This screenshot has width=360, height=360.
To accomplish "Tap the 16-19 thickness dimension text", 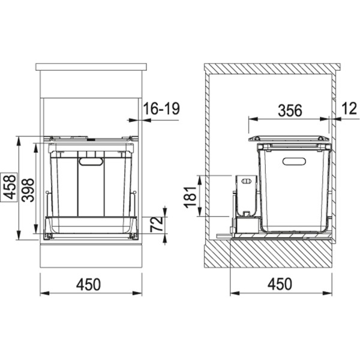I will (x=161, y=109).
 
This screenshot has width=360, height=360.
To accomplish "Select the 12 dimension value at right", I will (x=348, y=109).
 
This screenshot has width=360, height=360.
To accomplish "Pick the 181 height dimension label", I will (x=190, y=196).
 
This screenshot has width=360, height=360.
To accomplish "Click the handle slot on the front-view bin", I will (x=91, y=161).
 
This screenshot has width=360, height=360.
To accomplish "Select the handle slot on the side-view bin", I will (x=294, y=160).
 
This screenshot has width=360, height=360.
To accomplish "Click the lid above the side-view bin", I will (x=289, y=138).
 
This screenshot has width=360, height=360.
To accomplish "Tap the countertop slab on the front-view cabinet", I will (x=91, y=67).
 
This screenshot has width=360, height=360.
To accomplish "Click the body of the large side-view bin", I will (x=294, y=192).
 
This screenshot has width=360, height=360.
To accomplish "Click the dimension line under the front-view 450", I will (x=91, y=294).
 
